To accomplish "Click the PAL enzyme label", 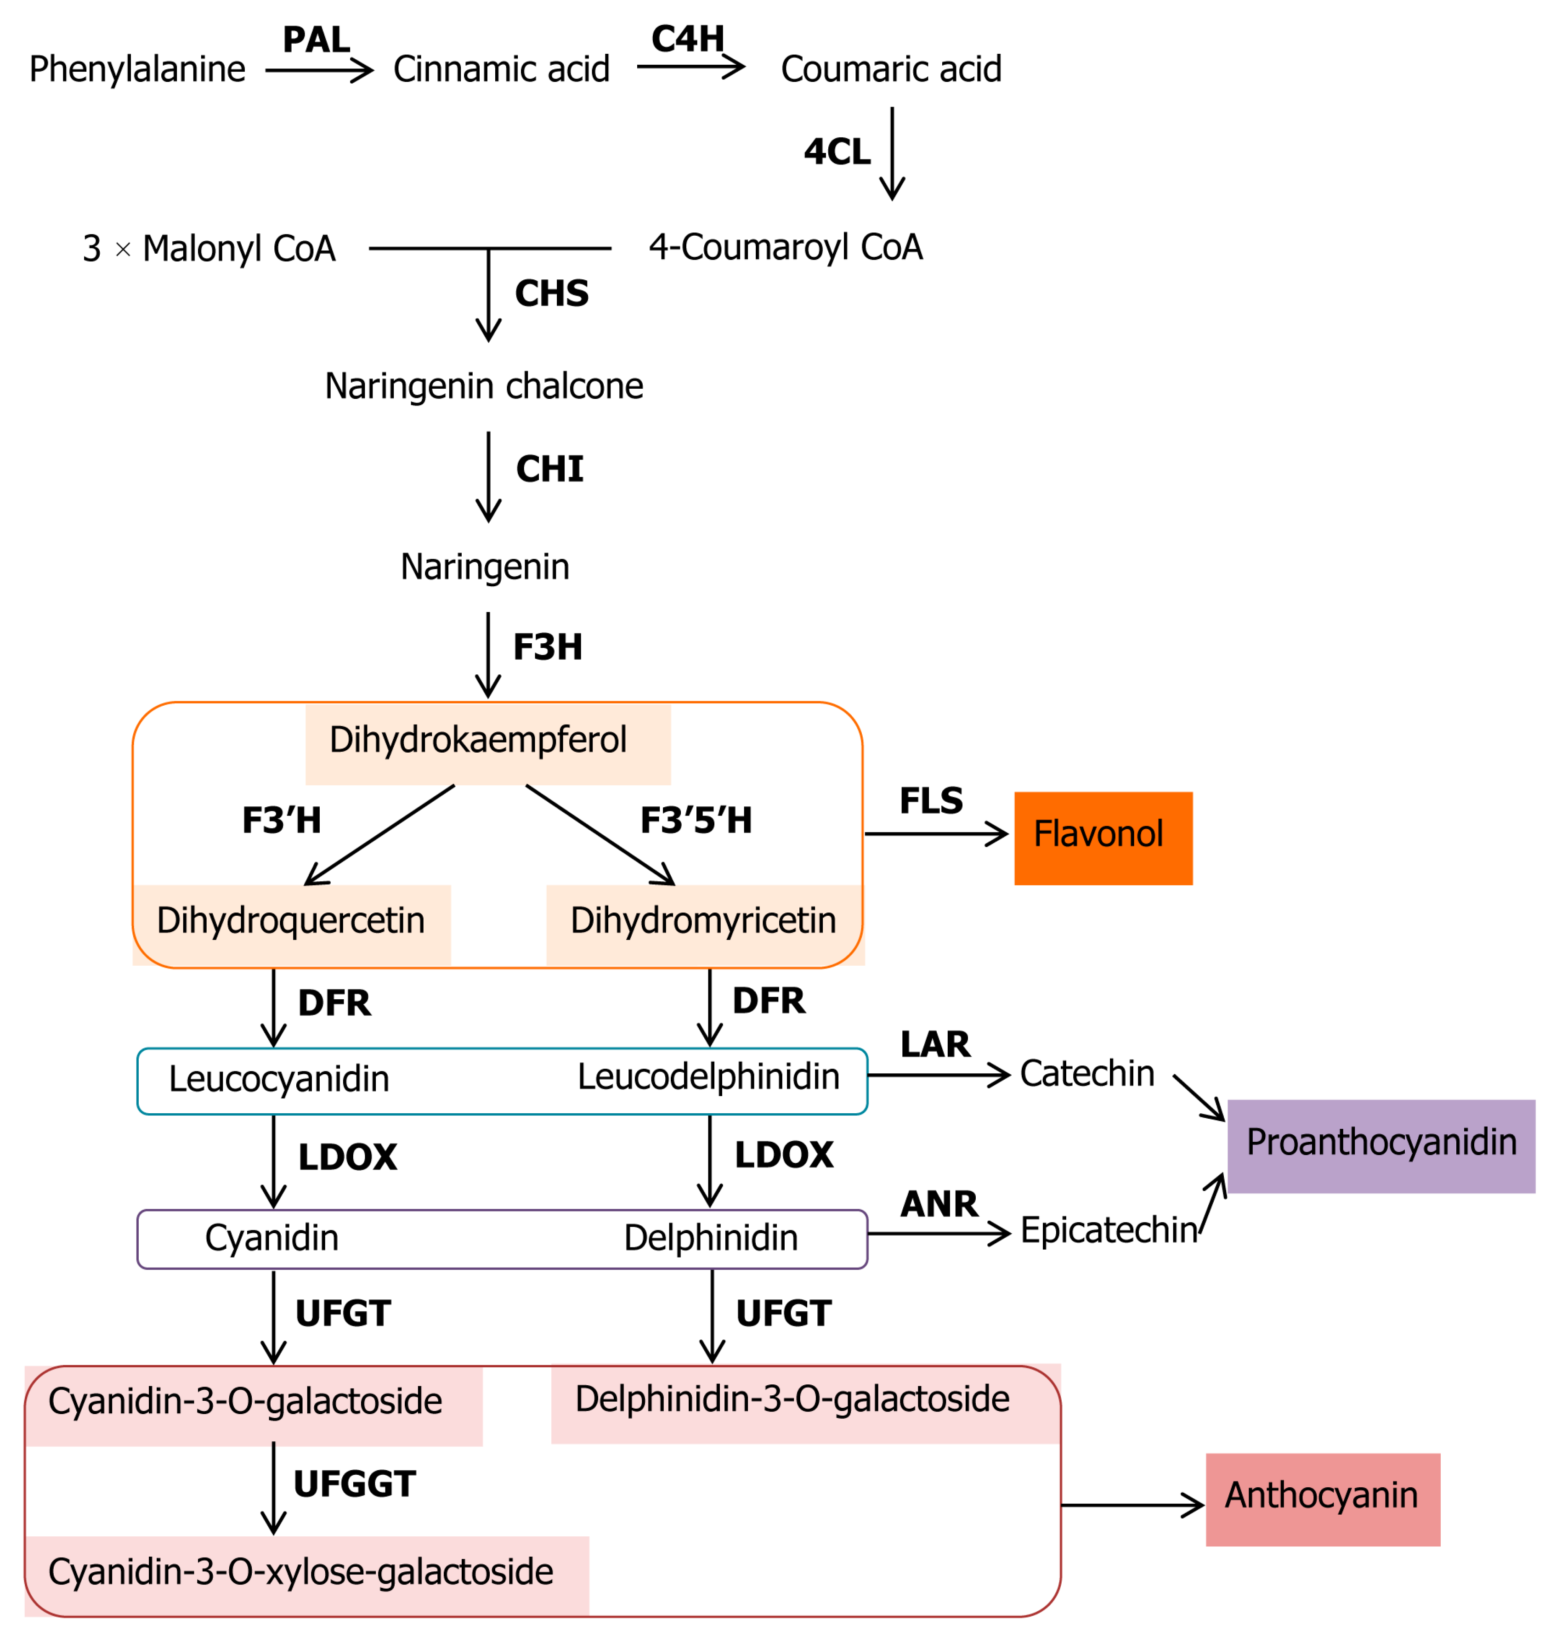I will (316, 40).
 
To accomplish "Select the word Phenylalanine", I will (137, 69).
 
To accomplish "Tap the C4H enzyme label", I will (688, 39).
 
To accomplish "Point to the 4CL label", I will (837, 152).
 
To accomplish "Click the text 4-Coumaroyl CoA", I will (786, 247).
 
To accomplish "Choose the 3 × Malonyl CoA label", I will (209, 249).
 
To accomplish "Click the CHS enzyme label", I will (552, 294).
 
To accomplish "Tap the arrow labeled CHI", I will (488, 477).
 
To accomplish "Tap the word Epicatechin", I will (1108, 1231).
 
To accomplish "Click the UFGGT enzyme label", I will (354, 1484).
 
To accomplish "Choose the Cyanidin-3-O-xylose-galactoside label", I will (300, 1572).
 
